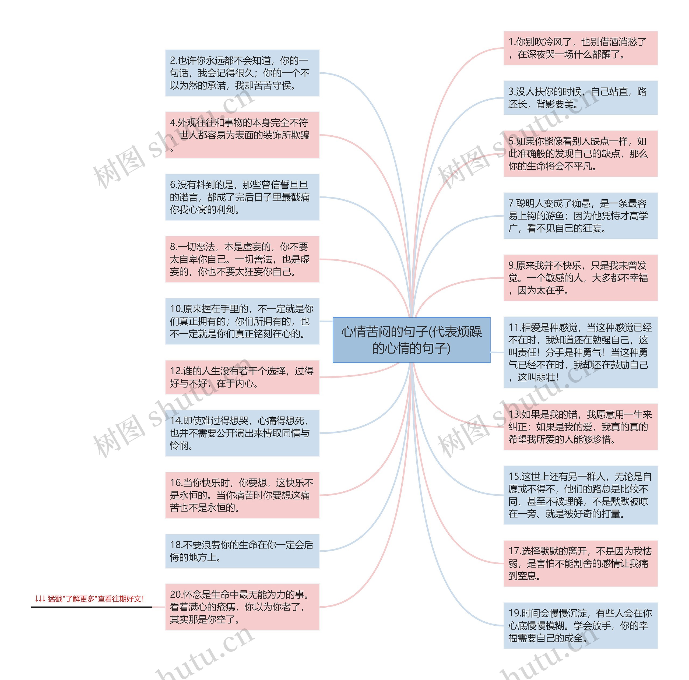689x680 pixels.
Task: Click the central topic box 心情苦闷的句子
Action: (411, 340)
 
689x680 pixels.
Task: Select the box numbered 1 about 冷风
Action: (580, 48)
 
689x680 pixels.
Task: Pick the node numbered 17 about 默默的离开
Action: (580, 563)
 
